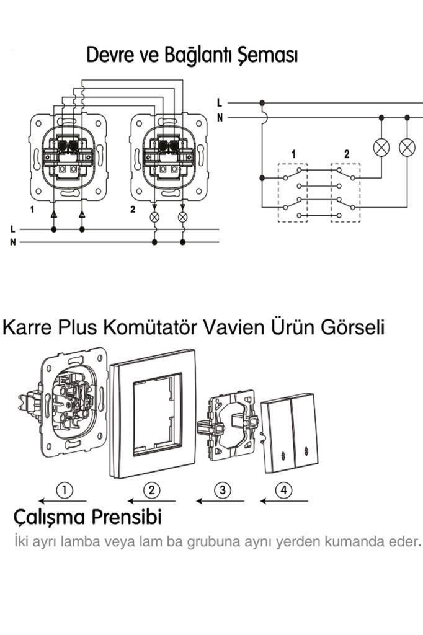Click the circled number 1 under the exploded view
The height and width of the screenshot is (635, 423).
pos(65,490)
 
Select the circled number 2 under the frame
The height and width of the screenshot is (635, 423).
pos(151,490)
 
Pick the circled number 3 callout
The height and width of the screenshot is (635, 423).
pos(223,490)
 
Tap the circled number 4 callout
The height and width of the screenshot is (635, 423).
pos(284,490)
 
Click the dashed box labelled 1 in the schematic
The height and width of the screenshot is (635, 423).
pos(293,192)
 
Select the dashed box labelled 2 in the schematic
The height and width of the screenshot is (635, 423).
pos(345,192)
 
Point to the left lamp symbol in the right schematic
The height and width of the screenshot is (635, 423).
pos(381,147)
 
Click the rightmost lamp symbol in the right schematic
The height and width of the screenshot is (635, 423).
pos(407,147)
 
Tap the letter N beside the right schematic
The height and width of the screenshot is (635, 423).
pos(220,118)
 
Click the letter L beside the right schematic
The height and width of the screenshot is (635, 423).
pos(220,103)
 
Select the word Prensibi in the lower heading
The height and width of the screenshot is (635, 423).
pos(127,517)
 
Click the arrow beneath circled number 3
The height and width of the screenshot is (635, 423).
pos(220,501)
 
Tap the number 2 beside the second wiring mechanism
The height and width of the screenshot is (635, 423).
pos(133,210)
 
